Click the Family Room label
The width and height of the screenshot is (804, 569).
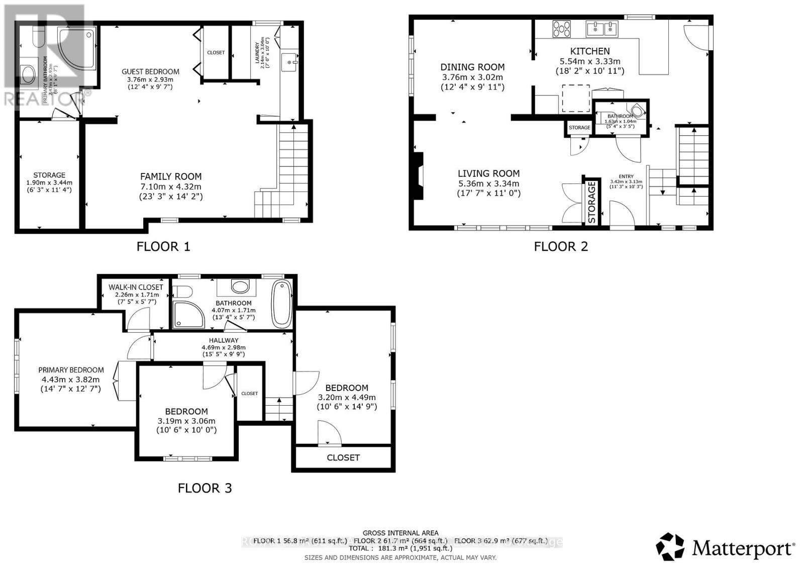pos(171,176)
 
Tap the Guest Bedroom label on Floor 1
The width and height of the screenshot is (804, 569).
pos(151,71)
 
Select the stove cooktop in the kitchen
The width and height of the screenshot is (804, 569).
pos(562,29)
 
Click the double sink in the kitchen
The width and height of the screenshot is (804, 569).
pos(602,29)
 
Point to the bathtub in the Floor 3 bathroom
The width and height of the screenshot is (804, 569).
pos(281,305)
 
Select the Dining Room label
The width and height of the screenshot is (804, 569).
pos(472,67)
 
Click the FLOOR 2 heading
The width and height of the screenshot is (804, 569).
pos(560,246)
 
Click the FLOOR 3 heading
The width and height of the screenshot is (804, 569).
pos(205,488)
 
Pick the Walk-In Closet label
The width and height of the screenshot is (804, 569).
pos(136,287)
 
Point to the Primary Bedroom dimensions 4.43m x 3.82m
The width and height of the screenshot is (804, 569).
pos(70,380)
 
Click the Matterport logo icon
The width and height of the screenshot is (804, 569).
pos(670,547)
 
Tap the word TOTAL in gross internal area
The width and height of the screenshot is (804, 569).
pos(361,549)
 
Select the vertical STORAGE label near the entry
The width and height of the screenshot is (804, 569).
pos(592,202)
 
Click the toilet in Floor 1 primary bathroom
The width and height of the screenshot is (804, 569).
pos(38,35)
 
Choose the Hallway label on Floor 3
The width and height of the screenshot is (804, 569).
pos(224,340)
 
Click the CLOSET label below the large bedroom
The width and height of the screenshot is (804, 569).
pos(343,457)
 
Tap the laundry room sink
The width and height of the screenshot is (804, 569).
pos(290,62)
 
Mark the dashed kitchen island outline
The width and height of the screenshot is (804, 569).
pos(575,99)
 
